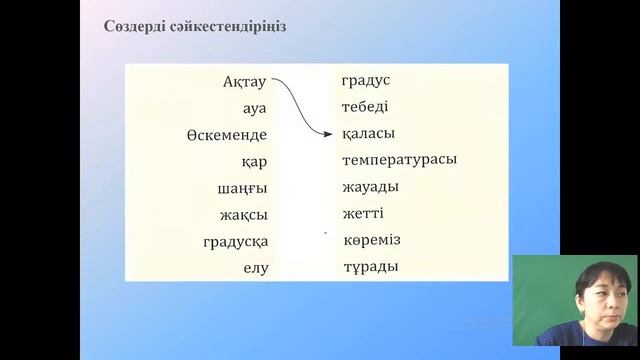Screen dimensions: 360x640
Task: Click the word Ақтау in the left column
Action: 245,82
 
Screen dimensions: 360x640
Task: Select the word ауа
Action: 254,108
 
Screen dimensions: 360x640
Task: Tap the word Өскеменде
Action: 227,135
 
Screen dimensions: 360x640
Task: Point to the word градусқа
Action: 236,241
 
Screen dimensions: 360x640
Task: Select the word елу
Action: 255,268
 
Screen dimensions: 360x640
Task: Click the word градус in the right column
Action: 365,80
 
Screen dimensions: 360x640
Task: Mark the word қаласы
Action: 367,134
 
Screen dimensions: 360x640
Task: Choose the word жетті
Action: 362,213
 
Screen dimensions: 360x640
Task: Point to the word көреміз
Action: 371,240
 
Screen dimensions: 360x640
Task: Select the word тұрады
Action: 369,267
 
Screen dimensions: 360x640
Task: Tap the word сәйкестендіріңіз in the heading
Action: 233,26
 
